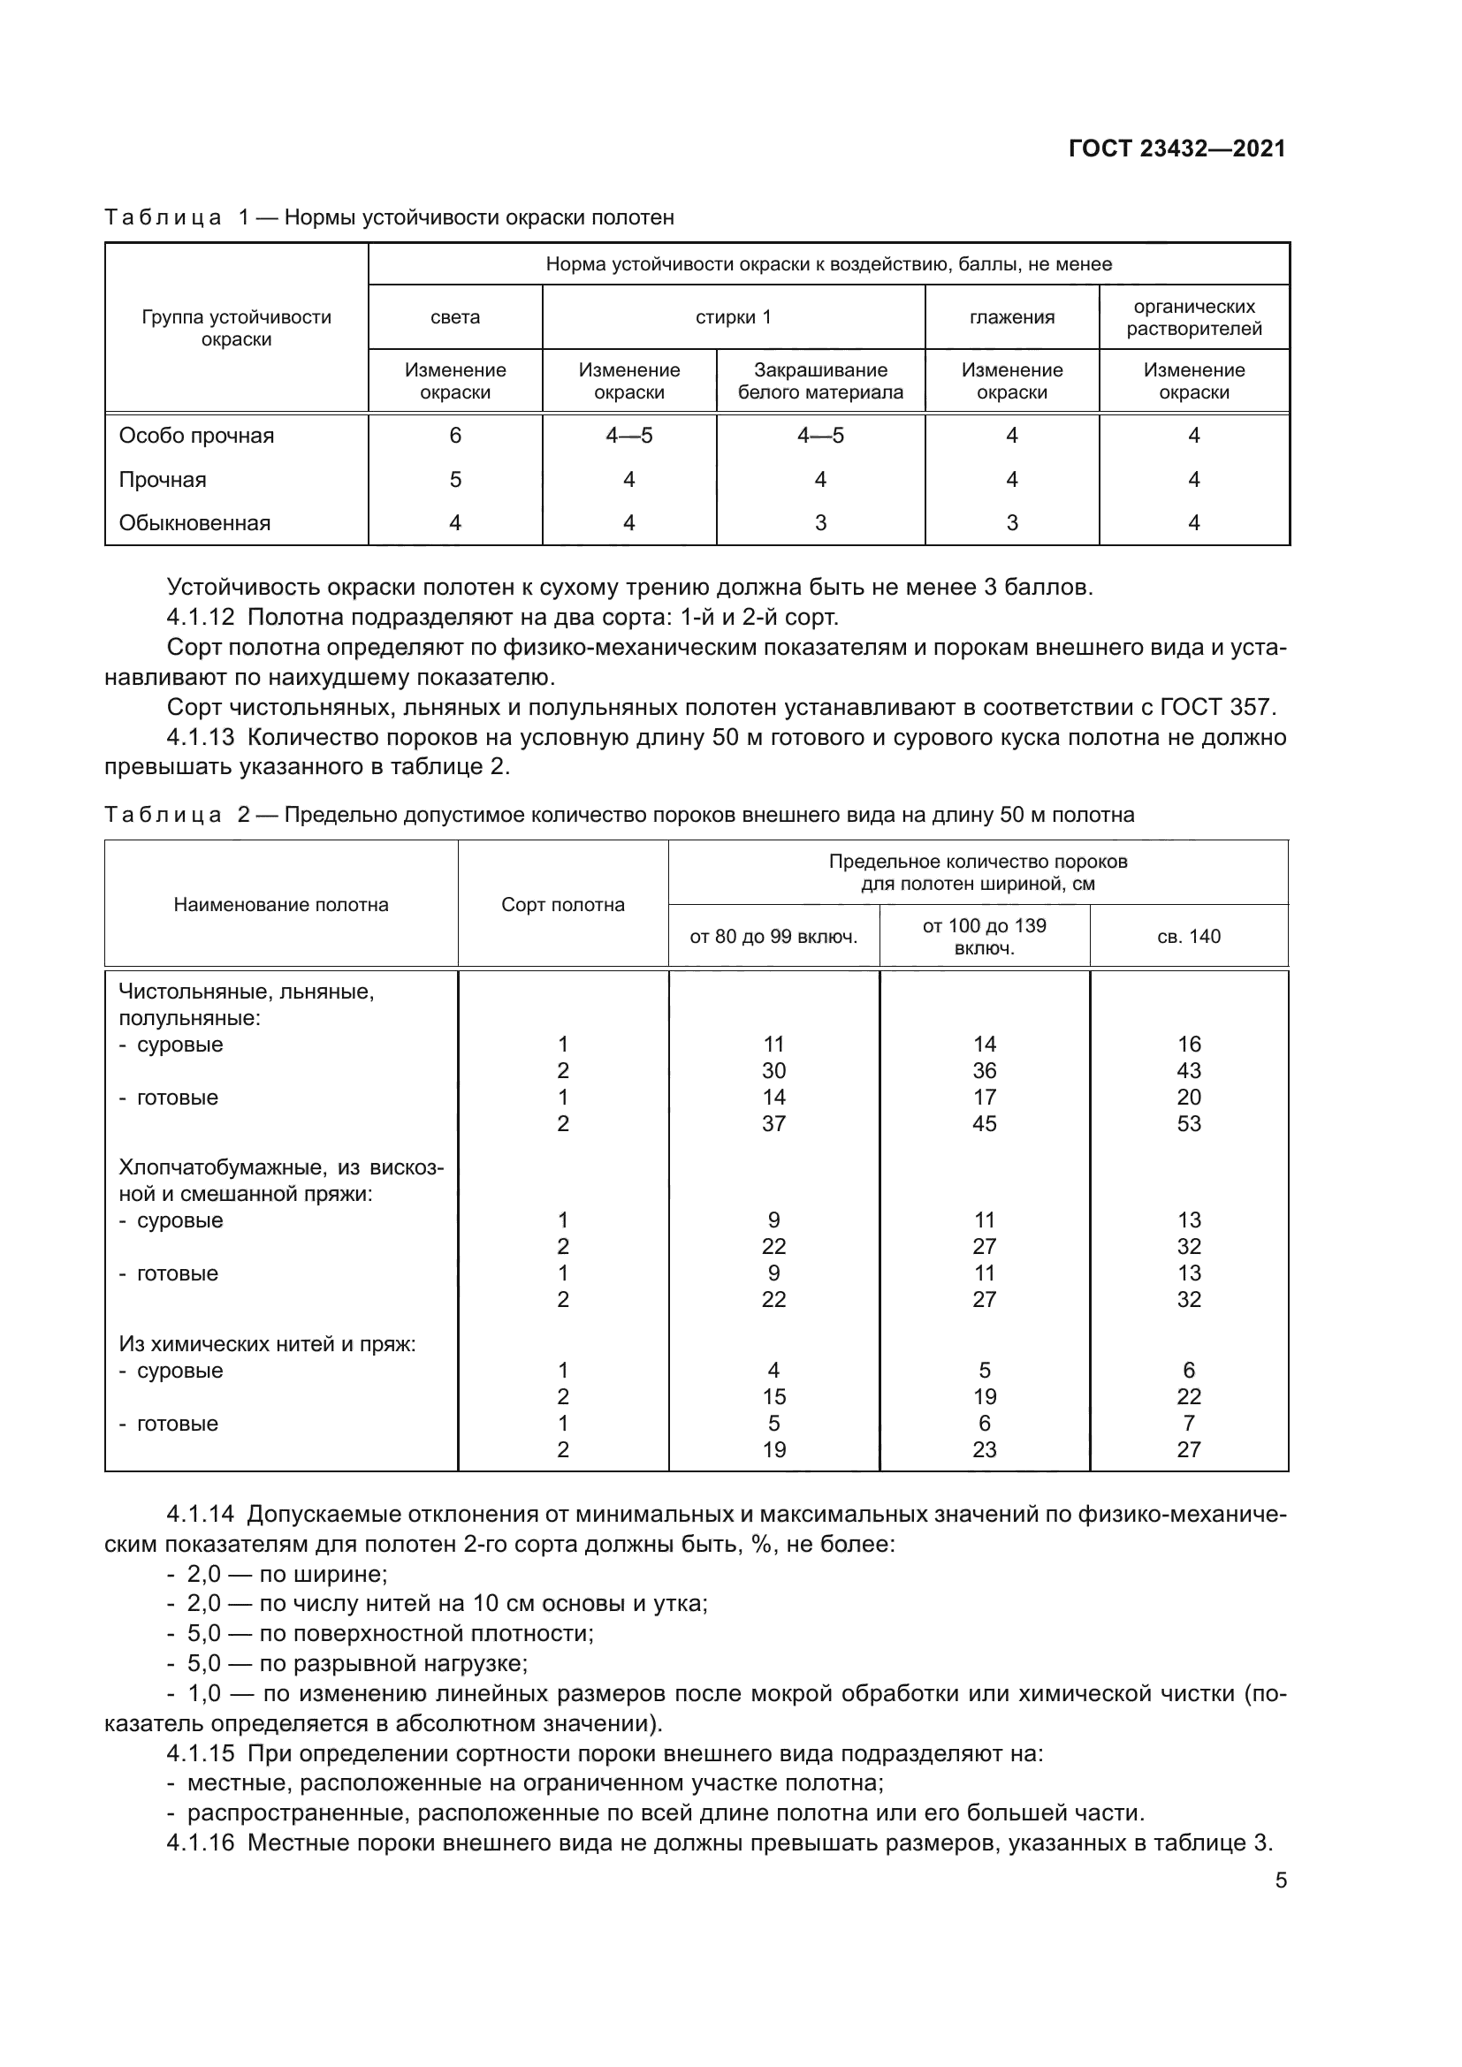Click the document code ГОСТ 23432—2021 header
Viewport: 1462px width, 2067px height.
pyautogui.click(x=1176, y=149)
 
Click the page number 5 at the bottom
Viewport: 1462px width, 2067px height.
pyautogui.click(x=1280, y=1880)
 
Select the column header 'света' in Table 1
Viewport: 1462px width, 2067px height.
pyautogui.click(x=454, y=317)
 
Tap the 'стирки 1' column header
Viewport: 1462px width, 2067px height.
pyautogui.click(x=733, y=317)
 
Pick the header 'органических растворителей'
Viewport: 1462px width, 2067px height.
pyautogui.click(x=1193, y=317)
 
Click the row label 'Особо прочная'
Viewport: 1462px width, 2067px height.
pyautogui.click(x=196, y=436)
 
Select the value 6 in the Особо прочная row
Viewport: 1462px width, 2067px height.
pyautogui.click(x=454, y=436)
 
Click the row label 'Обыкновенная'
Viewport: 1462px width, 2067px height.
pyautogui.click(x=194, y=523)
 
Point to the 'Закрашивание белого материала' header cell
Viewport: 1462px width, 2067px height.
pyautogui.click(x=820, y=381)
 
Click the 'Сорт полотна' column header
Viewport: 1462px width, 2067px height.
pyautogui.click(x=563, y=905)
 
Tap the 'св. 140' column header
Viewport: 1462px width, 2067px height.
pyautogui.click(x=1188, y=936)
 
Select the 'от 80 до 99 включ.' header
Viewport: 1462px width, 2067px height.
pyautogui.click(x=773, y=936)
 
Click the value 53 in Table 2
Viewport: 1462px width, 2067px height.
pyautogui.click(x=1188, y=1123)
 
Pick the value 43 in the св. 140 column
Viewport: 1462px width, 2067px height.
pyautogui.click(x=1188, y=1070)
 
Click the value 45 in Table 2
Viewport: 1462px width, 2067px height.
pyautogui.click(x=984, y=1123)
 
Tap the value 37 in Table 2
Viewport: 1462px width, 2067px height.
pyautogui.click(x=773, y=1123)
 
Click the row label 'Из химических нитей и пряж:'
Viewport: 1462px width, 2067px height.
pyautogui.click(x=267, y=1344)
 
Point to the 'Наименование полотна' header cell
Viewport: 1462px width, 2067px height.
pyautogui.click(x=281, y=905)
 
